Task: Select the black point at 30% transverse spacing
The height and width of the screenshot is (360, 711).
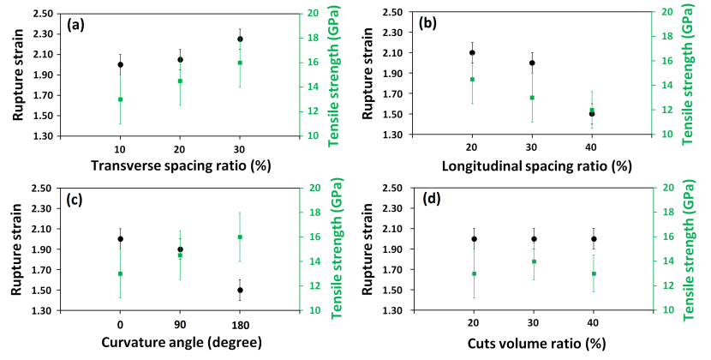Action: click(x=240, y=39)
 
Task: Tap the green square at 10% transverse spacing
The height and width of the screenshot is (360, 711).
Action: click(x=120, y=99)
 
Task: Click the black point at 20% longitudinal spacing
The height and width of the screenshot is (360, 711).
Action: click(x=472, y=52)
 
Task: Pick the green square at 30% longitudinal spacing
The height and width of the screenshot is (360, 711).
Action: click(x=532, y=98)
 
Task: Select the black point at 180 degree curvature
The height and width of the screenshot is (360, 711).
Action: click(x=240, y=290)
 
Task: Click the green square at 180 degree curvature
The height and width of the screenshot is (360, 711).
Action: click(x=240, y=237)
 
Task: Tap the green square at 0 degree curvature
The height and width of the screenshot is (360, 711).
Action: click(x=120, y=273)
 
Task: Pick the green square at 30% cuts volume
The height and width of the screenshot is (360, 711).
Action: click(x=534, y=261)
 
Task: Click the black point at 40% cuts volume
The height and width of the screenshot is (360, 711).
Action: click(x=593, y=239)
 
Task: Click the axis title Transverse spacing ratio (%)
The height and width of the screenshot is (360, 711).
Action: click(x=181, y=165)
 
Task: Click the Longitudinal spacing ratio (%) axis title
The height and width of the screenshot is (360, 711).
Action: click(x=533, y=165)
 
